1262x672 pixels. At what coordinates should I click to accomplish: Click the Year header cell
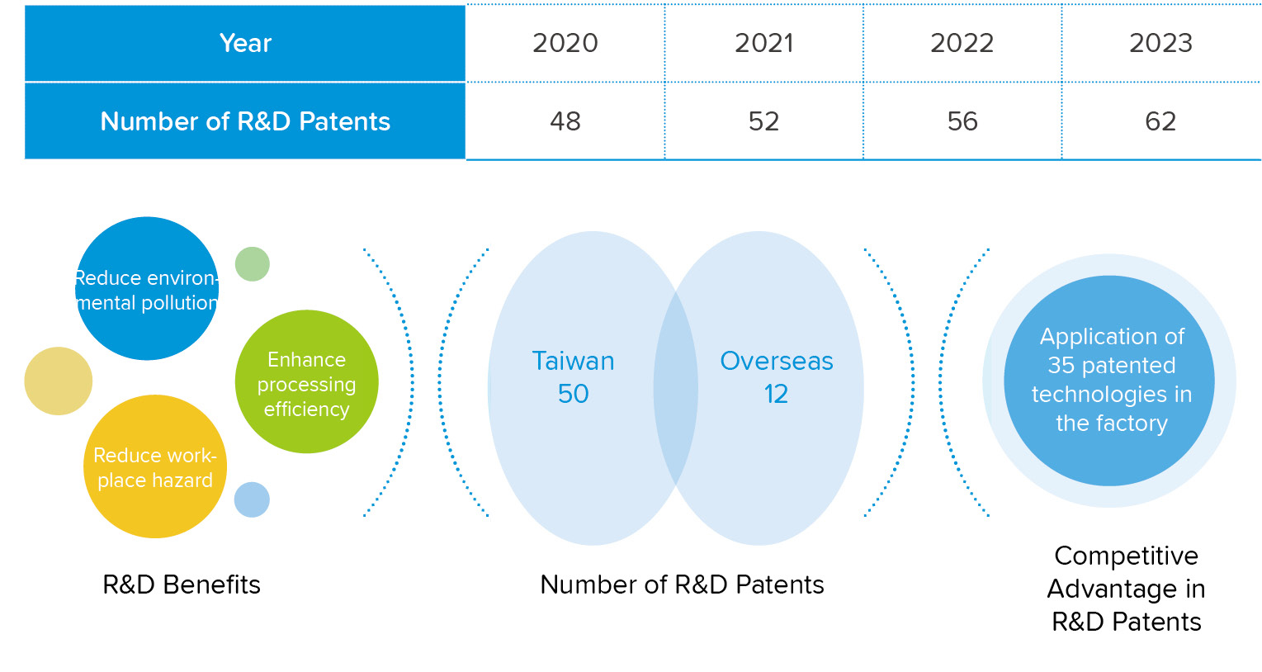click(x=245, y=44)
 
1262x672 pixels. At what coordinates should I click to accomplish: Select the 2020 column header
click(x=565, y=44)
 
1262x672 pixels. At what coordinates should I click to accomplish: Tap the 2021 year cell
click(x=764, y=44)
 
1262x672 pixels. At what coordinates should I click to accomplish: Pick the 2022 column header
click(x=962, y=44)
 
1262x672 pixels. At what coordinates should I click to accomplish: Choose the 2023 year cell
click(x=1160, y=44)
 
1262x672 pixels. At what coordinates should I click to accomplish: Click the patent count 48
click(x=565, y=121)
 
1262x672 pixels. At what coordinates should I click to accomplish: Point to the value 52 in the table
click(x=764, y=121)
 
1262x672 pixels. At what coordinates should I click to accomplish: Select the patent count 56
click(x=962, y=121)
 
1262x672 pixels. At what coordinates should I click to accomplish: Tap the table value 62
click(x=1160, y=121)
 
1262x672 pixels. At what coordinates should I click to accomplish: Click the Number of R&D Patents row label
click(x=245, y=121)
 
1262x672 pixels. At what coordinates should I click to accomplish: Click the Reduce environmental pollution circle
click(x=147, y=288)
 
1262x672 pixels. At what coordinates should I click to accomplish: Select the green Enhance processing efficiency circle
click(x=306, y=381)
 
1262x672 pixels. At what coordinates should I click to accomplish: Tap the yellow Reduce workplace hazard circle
click(x=155, y=466)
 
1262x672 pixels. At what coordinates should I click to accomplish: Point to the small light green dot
click(x=253, y=263)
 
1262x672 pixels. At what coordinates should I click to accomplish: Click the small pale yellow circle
click(x=59, y=381)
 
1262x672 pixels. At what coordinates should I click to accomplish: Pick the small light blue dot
click(x=252, y=499)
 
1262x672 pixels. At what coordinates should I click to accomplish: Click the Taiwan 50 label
click(x=573, y=376)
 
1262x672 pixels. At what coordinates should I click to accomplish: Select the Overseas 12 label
click(x=777, y=376)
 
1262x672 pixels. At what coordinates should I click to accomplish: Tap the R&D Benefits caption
click(x=182, y=584)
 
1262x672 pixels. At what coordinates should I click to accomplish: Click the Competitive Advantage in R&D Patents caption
click(x=1126, y=589)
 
